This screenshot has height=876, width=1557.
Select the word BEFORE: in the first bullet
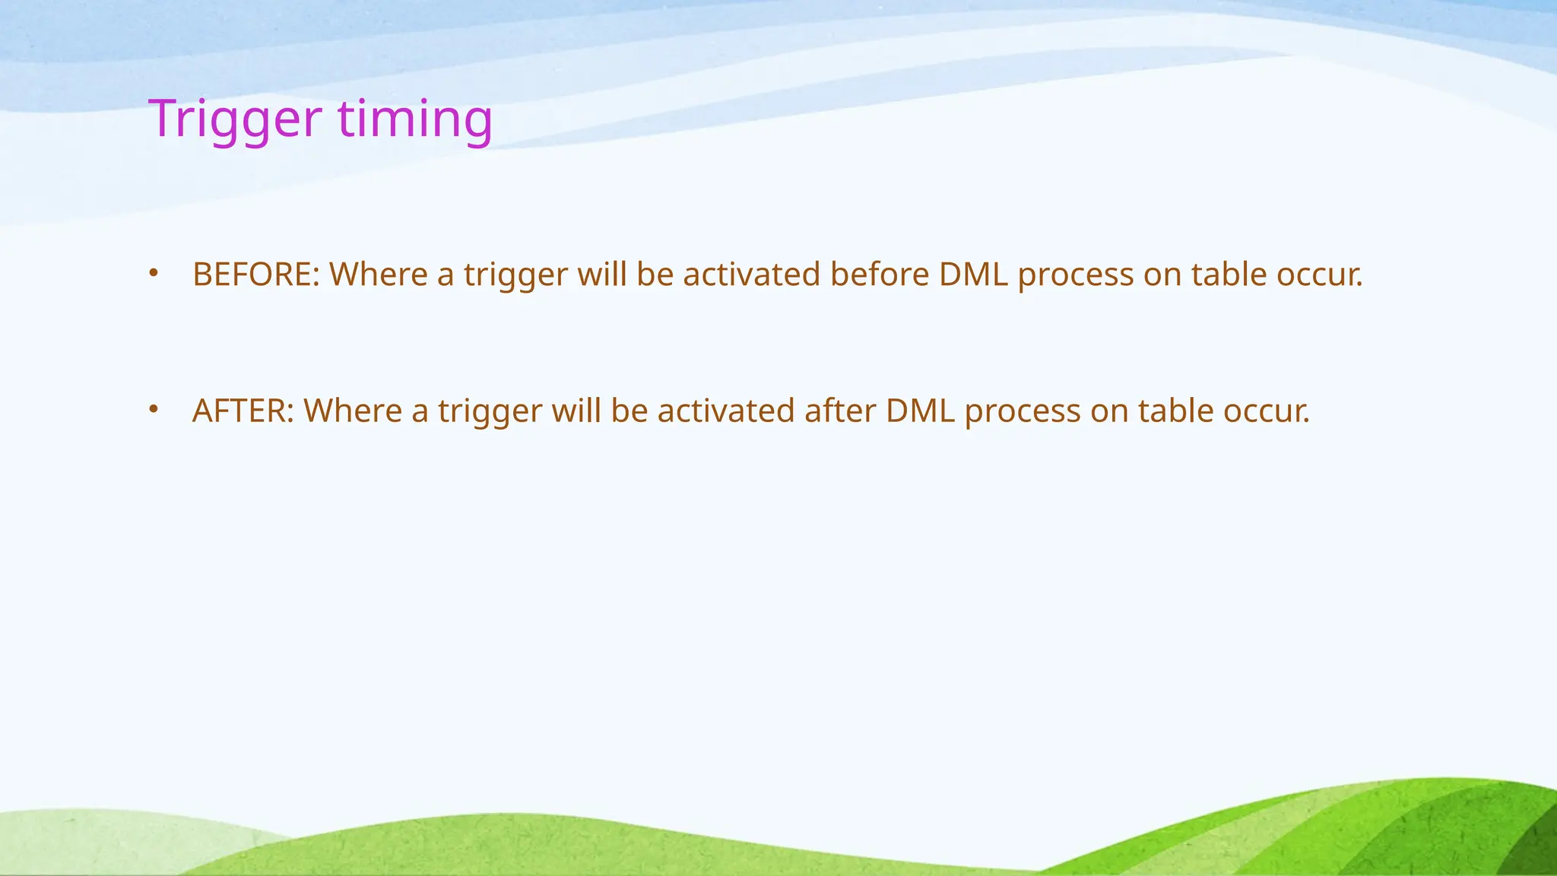[256, 275]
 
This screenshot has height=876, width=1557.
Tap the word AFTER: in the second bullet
[243, 411]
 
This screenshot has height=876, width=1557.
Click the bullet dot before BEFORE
[154, 272]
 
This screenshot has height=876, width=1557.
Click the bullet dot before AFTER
[154, 409]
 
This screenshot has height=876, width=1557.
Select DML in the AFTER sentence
[920, 411]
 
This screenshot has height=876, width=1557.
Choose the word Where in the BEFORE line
[378, 275]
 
